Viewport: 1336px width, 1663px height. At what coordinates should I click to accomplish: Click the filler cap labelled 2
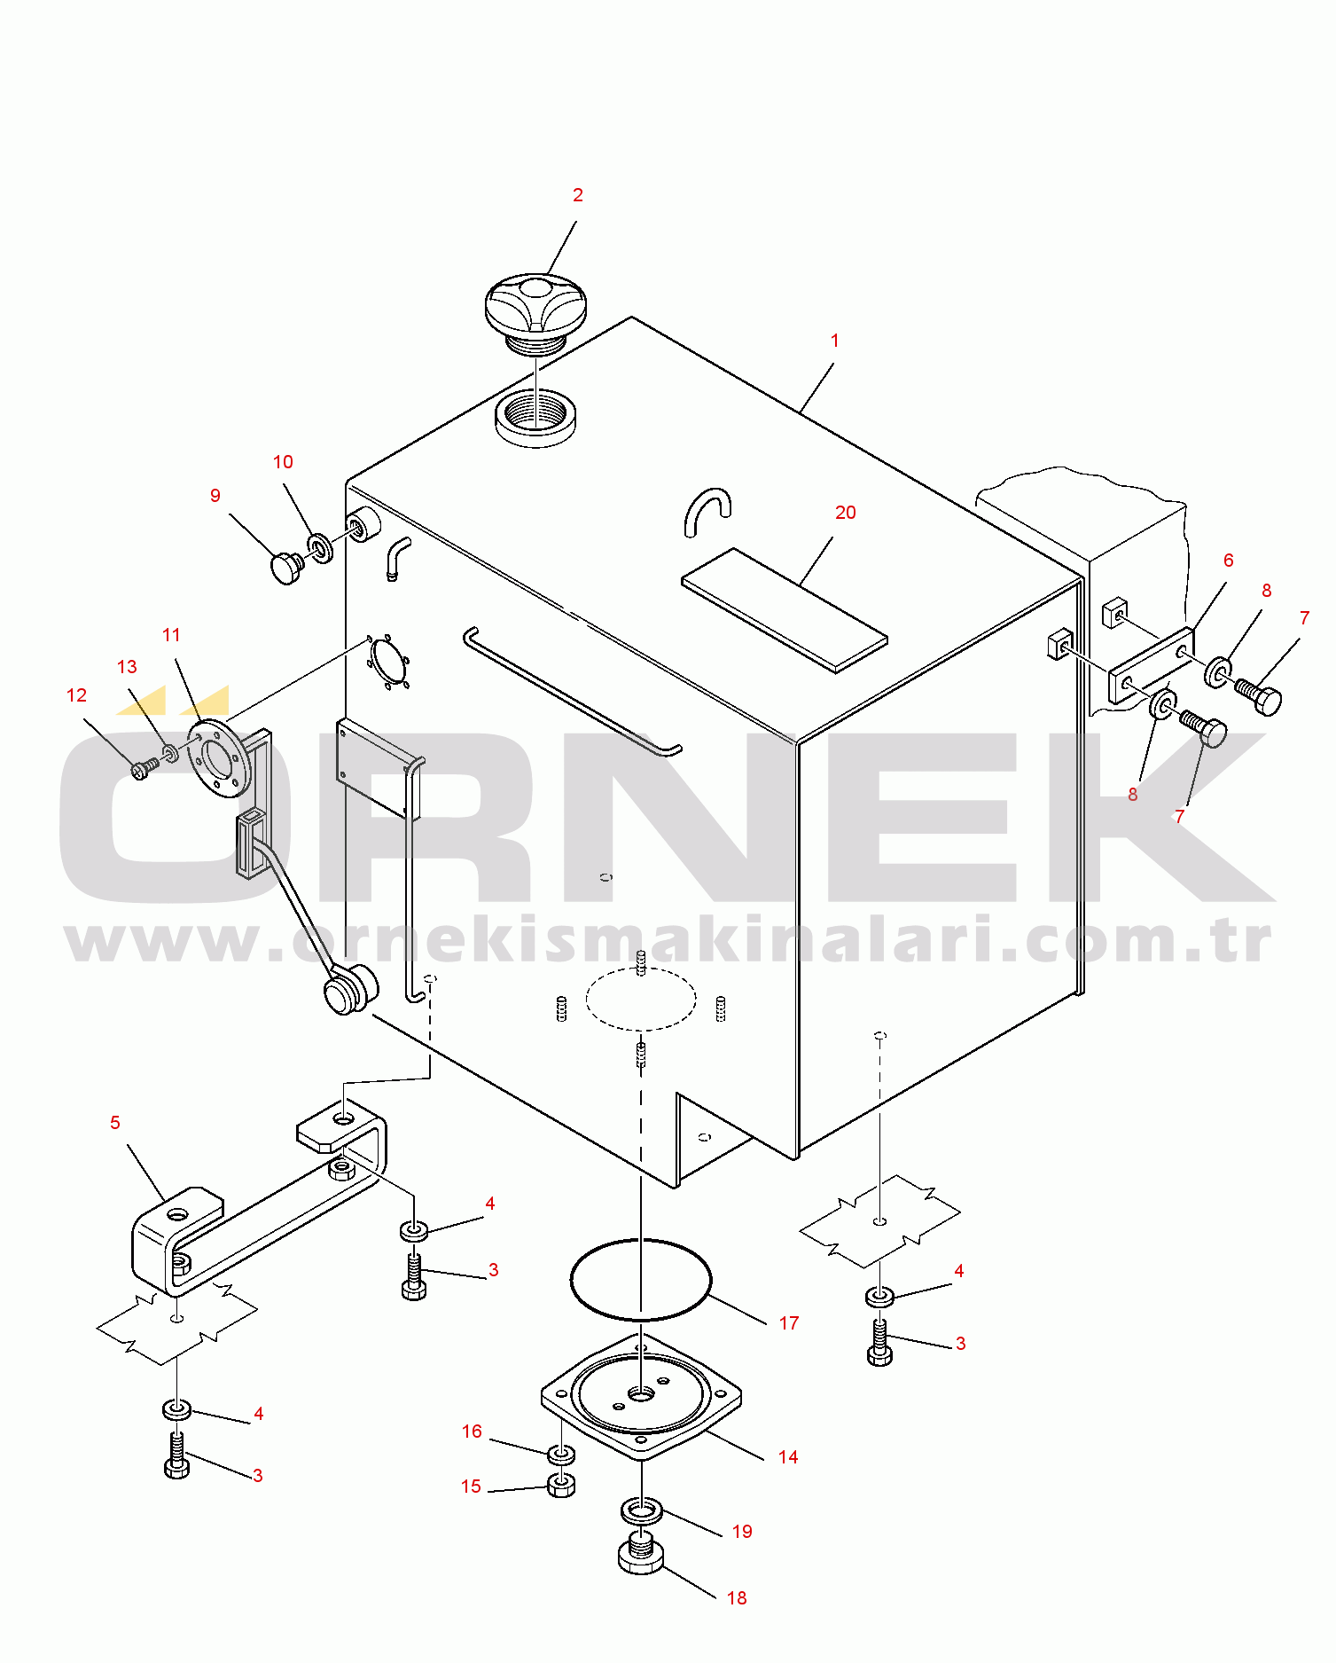(535, 311)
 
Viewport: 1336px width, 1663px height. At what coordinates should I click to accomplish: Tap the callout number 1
(834, 341)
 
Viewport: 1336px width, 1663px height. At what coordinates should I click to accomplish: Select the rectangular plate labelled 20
(785, 609)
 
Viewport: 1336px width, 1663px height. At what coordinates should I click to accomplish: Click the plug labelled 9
(287, 568)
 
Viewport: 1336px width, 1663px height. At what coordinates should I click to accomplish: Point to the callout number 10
(283, 462)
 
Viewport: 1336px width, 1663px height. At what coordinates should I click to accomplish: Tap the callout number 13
(127, 667)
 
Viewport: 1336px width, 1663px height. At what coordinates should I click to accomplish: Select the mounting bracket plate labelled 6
(1152, 665)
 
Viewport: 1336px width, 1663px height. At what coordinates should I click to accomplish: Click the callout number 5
(115, 1123)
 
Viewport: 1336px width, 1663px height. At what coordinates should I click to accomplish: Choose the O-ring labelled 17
(640, 1280)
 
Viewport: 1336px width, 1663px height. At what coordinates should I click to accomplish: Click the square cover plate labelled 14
(641, 1396)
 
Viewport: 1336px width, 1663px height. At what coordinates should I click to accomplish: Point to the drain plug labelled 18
(641, 1553)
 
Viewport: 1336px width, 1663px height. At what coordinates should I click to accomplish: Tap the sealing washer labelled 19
(641, 1510)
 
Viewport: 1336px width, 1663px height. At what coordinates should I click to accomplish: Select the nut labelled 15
(561, 1485)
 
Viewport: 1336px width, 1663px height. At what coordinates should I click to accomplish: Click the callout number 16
(472, 1432)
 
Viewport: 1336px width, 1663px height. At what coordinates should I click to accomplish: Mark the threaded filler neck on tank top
(535, 418)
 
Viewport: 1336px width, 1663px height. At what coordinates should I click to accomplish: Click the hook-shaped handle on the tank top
(707, 510)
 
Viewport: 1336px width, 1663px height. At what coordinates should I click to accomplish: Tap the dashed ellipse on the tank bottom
(641, 999)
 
